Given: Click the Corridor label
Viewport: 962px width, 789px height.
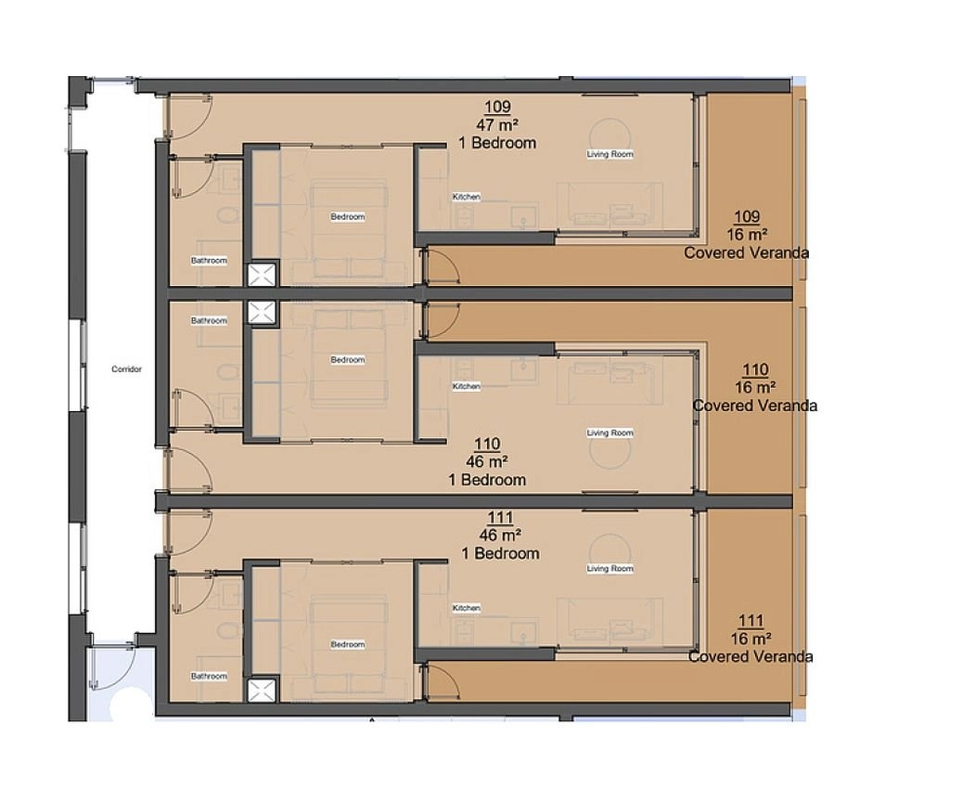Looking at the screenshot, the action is [126, 369].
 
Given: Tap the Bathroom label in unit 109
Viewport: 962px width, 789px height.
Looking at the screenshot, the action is [209, 260].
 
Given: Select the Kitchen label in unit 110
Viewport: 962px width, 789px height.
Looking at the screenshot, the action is [467, 386].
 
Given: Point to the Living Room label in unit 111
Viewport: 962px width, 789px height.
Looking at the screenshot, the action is [609, 569].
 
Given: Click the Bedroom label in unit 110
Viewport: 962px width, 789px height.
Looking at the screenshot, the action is [348, 360].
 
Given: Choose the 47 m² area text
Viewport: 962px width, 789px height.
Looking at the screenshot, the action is [497, 124].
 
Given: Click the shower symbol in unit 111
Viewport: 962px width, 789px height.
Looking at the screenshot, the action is [262, 691].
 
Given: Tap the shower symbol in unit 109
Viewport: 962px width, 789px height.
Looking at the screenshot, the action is [262, 275].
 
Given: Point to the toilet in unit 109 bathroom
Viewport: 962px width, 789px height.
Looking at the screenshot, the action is [228, 215].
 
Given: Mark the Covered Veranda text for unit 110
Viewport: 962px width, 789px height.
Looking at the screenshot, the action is [754, 406].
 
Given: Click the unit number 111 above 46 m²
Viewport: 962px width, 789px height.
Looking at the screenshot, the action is [500, 518].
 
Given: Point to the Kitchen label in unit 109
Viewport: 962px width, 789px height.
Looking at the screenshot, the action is [467, 197].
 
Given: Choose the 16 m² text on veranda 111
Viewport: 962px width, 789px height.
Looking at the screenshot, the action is [750, 639].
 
